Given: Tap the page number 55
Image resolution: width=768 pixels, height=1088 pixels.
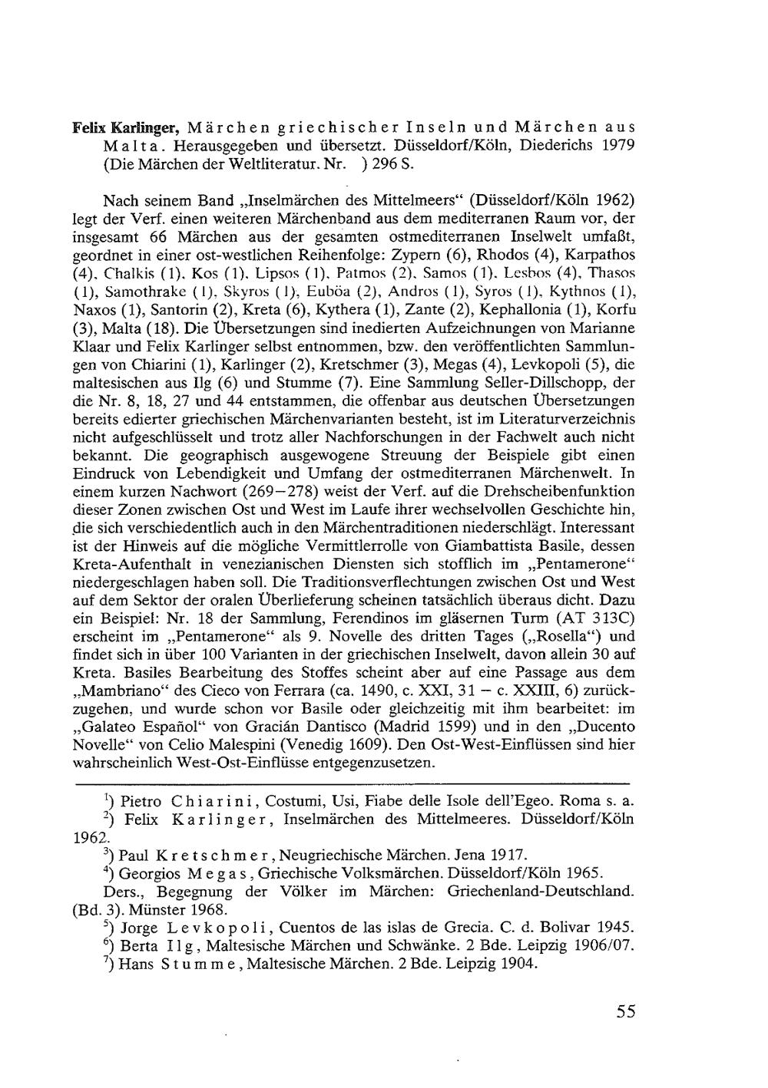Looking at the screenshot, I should pos(626,1011).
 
